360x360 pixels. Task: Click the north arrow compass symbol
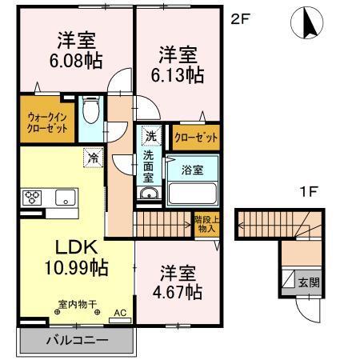pyautogui.click(x=307, y=23)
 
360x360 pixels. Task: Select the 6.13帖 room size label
pyautogui.click(x=178, y=74)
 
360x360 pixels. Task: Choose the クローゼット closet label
pyautogui.click(x=195, y=138)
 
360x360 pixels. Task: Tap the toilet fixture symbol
pyautogui.click(x=91, y=110)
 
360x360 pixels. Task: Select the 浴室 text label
pyautogui.click(x=191, y=170)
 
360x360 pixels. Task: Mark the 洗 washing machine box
pyautogui.click(x=150, y=137)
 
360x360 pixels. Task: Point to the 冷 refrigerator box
pyautogui.click(x=93, y=158)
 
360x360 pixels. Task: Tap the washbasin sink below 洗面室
pyautogui.click(x=149, y=194)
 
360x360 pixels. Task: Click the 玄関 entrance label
pyautogui.click(x=308, y=282)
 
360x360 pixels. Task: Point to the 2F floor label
pyautogui.click(x=240, y=17)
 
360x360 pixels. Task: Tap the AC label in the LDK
pyautogui.click(x=119, y=313)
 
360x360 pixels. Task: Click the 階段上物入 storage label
pyautogui.click(x=205, y=223)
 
